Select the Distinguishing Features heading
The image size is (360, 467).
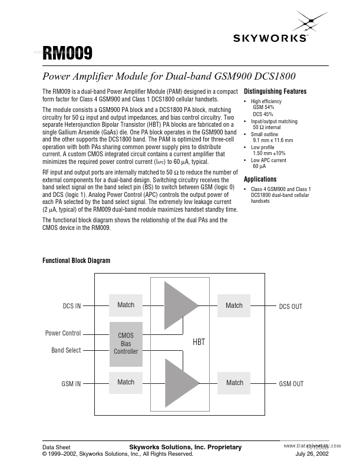275,91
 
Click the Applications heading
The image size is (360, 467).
260,179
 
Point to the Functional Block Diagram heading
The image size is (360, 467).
76,261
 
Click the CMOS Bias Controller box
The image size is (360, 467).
125,343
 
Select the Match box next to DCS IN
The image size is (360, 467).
125,305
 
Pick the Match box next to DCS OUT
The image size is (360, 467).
234,305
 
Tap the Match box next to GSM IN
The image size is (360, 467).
125,382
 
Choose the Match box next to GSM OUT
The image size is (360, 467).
235,383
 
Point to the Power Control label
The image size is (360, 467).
63,333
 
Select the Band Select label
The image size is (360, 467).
66,350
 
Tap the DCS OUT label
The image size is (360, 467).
290,307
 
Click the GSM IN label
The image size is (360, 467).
71,383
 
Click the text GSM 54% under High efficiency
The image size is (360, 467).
263,108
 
